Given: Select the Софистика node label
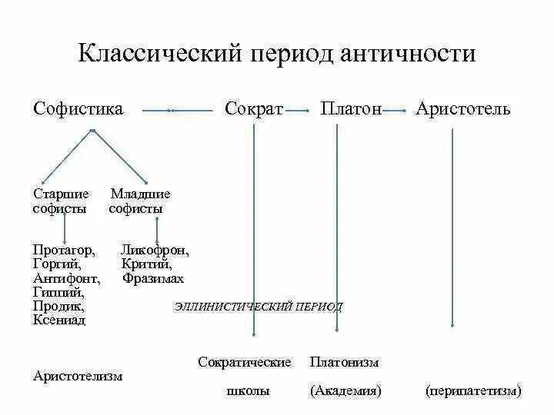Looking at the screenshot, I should tap(78, 108).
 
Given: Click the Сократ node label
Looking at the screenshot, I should tap(255, 108).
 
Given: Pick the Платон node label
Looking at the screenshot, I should tap(351, 108).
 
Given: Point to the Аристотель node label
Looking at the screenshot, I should tap(462, 108).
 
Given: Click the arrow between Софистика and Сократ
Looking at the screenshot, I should tap(178, 111).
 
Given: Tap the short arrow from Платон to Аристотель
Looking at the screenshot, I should tap(395, 111).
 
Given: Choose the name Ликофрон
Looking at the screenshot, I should tap(155, 251).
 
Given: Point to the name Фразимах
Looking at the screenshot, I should tap(153, 278).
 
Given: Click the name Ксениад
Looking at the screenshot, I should tap(59, 320).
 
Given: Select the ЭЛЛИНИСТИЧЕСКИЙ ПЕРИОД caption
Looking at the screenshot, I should tap(259, 307).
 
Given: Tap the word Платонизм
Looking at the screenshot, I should tap(344, 361).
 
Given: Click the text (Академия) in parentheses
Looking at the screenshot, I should tap(346, 390).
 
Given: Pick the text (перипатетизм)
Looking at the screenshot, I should tap(473, 390).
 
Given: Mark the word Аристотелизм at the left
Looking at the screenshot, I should tap(78, 376).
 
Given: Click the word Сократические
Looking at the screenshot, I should tap(244, 361).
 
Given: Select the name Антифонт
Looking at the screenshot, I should tap(67, 278).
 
